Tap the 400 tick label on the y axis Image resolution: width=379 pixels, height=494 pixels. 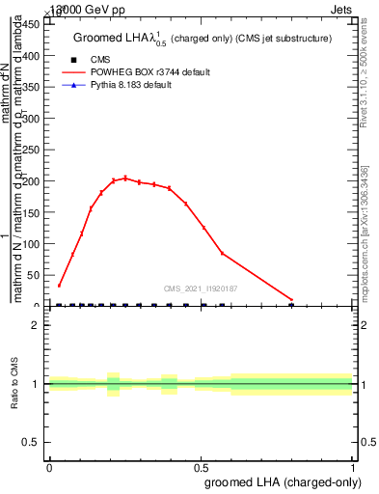[34, 56]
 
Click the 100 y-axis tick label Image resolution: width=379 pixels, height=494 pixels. [34, 244]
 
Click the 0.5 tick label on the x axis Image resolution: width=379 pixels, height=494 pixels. [201, 466]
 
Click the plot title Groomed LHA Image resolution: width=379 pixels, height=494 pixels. [203, 38]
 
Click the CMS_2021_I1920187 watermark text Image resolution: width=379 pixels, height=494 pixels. [201, 288]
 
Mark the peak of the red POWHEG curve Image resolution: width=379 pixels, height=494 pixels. [124, 178]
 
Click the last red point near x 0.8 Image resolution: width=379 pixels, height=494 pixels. [292, 300]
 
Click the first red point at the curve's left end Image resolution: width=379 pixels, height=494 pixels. [59, 286]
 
